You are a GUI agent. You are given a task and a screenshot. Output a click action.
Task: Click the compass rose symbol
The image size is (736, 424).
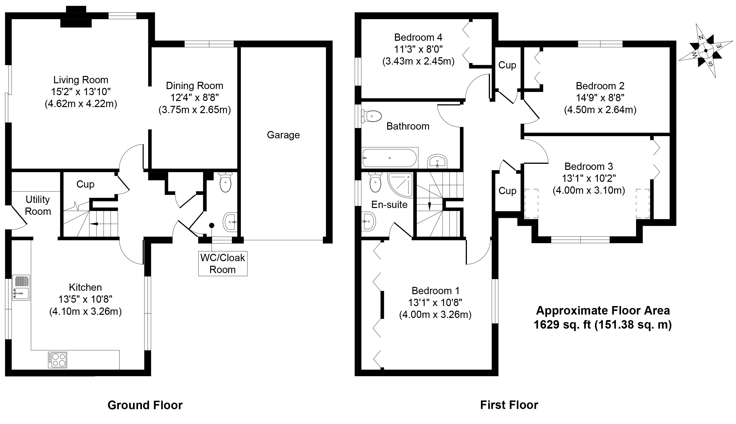pos(705,50)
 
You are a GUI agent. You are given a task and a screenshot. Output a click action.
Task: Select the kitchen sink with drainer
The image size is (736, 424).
pos(21,288)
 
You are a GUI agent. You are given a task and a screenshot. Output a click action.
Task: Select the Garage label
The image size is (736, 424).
pos(283,135)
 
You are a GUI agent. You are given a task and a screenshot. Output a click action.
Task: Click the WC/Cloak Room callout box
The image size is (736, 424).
pos(223,264)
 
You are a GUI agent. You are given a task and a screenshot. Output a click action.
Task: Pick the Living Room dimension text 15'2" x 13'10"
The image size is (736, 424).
pos(81,92)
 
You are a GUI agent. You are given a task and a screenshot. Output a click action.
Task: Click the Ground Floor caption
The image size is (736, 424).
pos(145,405)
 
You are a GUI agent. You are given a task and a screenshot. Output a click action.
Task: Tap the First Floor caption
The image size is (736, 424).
pos(509,405)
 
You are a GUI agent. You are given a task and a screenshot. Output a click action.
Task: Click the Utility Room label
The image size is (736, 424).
pos(38,205)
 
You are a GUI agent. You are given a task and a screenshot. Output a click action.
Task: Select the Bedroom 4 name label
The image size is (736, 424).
pos(418,37)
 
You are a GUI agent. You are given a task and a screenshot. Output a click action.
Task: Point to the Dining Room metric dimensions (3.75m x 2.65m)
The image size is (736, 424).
pos(194,110)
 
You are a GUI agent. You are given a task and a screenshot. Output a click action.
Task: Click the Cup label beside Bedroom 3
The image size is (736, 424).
pos(507,191)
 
